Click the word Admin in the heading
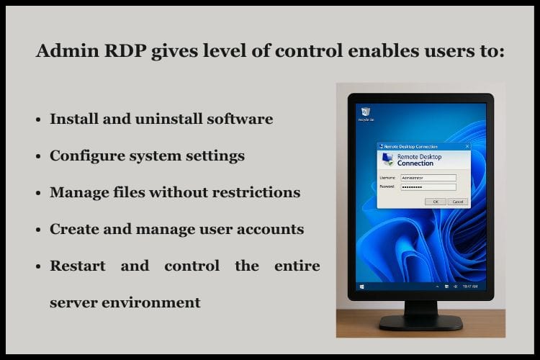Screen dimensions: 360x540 (x=67, y=52)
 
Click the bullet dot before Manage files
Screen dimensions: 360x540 (x=37, y=194)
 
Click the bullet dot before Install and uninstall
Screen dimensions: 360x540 (x=37, y=120)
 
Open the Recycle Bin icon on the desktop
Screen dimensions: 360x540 (x=366, y=112)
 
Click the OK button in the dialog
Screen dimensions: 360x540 (x=435, y=202)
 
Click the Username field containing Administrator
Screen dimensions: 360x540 (x=428, y=177)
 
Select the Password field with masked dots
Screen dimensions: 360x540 (x=428, y=186)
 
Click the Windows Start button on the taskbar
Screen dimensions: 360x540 (x=361, y=287)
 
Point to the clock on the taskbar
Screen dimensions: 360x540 (x=469, y=287)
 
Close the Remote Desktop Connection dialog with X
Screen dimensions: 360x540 (x=467, y=145)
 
